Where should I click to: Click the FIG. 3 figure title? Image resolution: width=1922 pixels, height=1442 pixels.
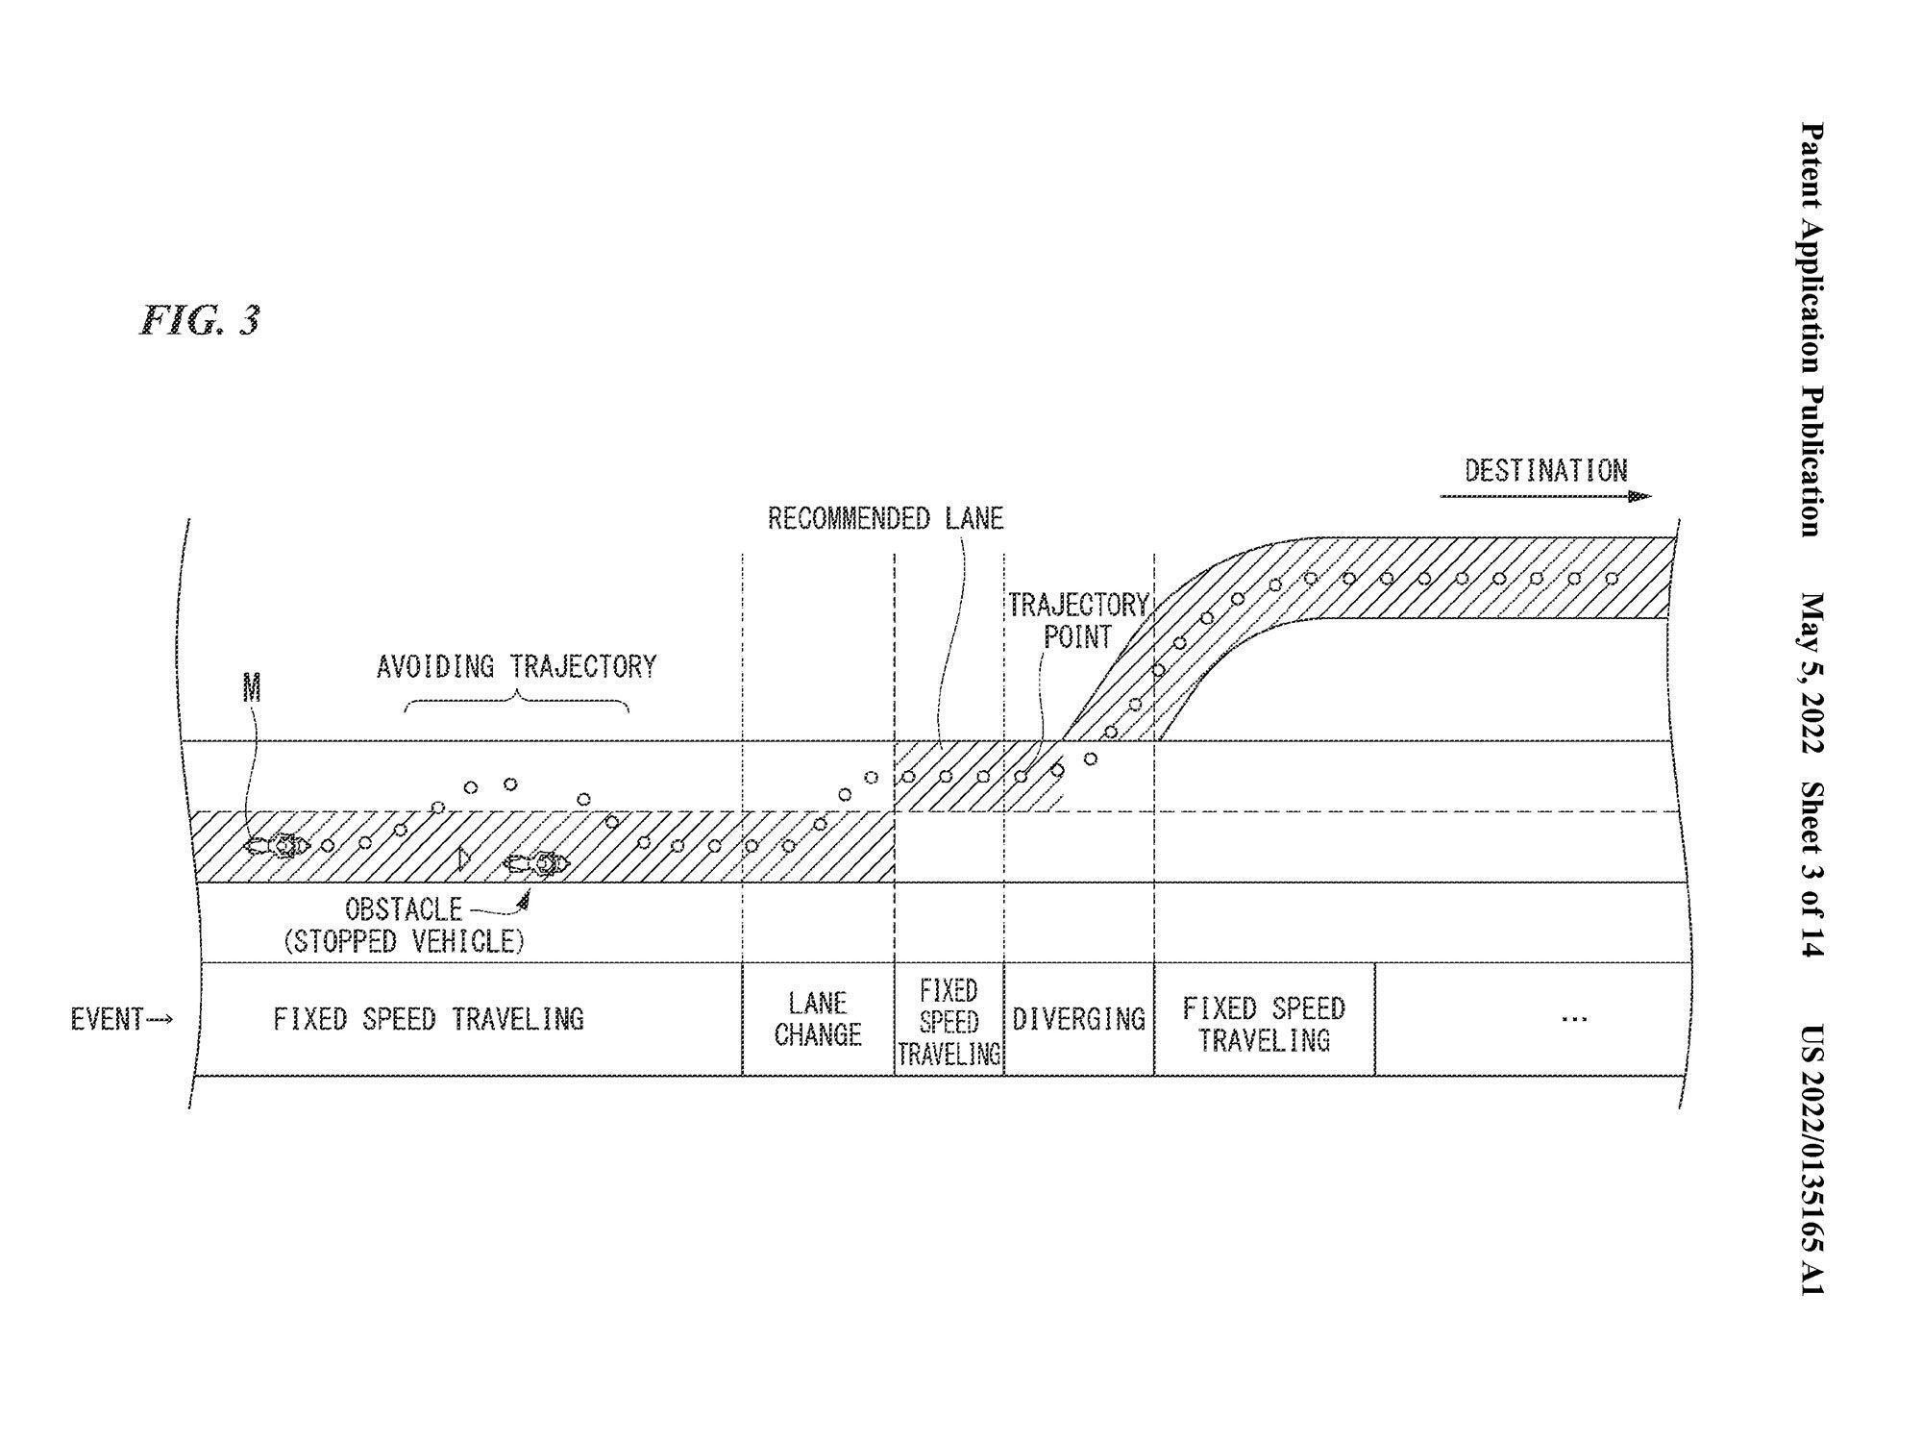pyautogui.click(x=200, y=320)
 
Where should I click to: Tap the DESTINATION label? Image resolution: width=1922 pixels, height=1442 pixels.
pyautogui.click(x=1545, y=471)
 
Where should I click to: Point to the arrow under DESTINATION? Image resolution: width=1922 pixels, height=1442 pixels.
pyautogui.click(x=1545, y=496)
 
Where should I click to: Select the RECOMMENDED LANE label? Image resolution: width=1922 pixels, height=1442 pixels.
pyautogui.click(x=885, y=519)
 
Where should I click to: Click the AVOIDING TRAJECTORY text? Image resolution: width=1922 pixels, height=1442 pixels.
pyautogui.click(x=516, y=666)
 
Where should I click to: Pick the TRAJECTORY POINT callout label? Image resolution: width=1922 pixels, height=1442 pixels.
pyautogui.click(x=1078, y=621)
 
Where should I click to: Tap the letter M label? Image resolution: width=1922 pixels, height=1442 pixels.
pyautogui.click(x=252, y=688)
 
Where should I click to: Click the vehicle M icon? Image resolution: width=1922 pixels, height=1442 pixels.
pyautogui.click(x=277, y=846)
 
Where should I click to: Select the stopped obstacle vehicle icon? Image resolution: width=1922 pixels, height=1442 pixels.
pyautogui.click(x=537, y=864)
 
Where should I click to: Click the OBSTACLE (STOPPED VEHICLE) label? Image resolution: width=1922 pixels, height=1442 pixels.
pyautogui.click(x=405, y=925)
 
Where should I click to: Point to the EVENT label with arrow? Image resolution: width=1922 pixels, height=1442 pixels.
pyautogui.click(x=122, y=1019)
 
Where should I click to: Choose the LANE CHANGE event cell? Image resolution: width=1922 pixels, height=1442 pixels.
pyautogui.click(x=818, y=1019)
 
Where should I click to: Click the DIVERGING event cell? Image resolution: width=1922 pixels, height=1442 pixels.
pyautogui.click(x=1079, y=1019)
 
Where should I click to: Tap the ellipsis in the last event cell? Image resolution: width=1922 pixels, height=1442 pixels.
pyautogui.click(x=1574, y=1019)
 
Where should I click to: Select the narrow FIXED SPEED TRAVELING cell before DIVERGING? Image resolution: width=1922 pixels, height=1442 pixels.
pyautogui.click(x=949, y=1019)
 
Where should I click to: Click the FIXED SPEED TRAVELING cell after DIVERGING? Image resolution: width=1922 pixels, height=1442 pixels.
pyautogui.click(x=1265, y=1019)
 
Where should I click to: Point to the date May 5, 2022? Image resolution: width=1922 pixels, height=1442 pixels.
pyautogui.click(x=1811, y=672)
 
